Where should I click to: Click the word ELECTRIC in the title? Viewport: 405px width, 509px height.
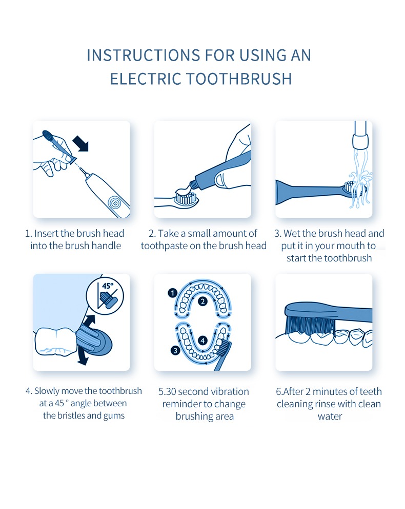(x=146, y=79)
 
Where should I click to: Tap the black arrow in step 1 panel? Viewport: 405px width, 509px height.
(x=80, y=143)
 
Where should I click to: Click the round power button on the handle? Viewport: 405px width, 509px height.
(x=114, y=203)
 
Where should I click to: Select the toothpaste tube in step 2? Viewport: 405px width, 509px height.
(x=220, y=172)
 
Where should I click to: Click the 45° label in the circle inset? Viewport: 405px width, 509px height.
(x=108, y=286)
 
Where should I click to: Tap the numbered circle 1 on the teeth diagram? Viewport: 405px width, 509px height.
(x=172, y=293)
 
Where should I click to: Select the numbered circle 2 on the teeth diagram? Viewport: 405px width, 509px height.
(x=203, y=301)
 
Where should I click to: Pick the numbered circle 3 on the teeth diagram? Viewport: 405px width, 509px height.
(x=175, y=350)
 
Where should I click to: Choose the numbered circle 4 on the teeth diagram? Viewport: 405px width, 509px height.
(x=203, y=341)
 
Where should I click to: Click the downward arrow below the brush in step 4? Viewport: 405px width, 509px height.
(x=83, y=358)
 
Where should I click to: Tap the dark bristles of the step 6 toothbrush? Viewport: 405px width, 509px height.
(x=310, y=325)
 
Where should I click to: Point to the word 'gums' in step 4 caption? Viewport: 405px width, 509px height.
(x=114, y=416)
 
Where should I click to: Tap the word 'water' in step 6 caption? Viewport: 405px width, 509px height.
(x=330, y=417)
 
